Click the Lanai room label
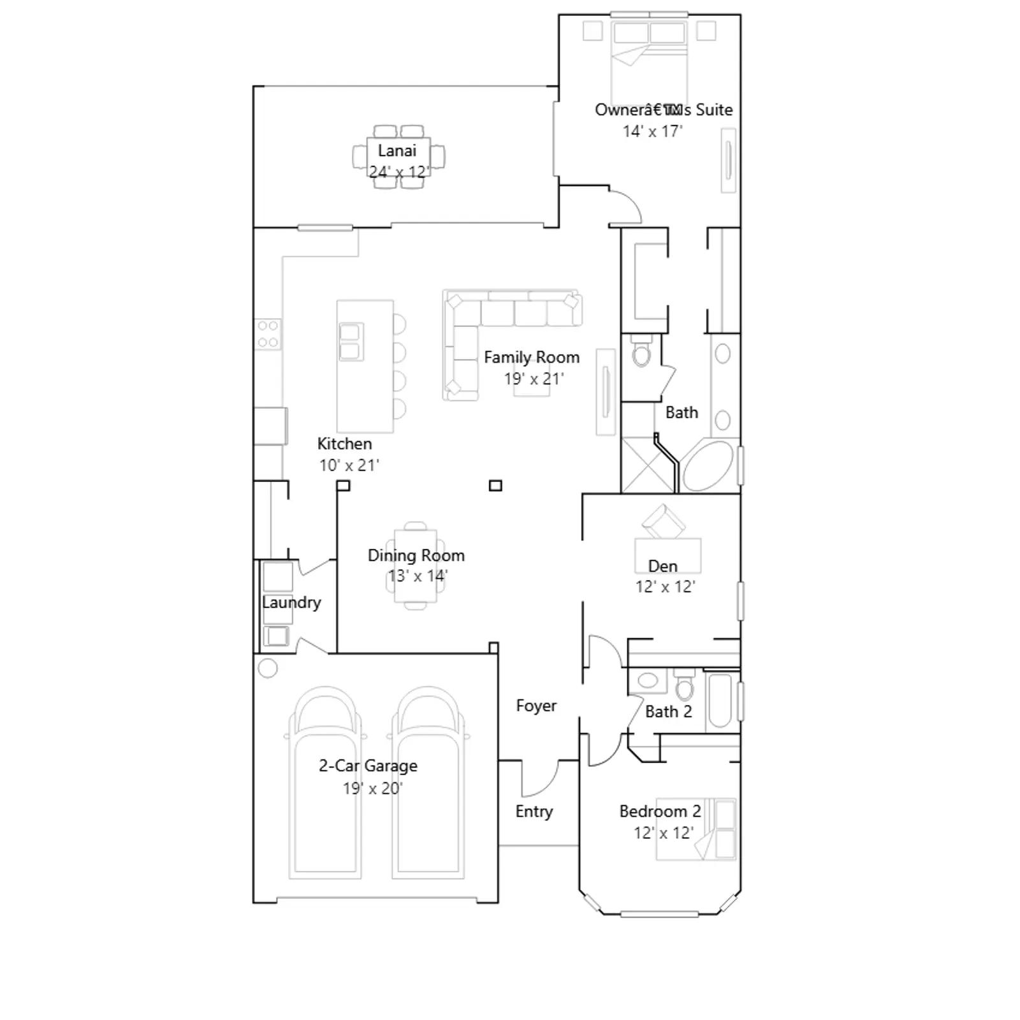tap(397, 150)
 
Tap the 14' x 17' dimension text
tap(652, 131)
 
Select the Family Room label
tap(532, 358)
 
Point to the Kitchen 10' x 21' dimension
tap(349, 465)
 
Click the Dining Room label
tap(416, 555)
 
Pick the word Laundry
tap(291, 602)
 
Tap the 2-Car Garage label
tap(368, 766)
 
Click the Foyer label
tap(536, 706)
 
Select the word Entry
tap(534, 812)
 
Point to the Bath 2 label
tap(668, 711)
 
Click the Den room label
tap(663, 566)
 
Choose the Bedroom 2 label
tap(660, 812)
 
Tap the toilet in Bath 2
tap(685, 686)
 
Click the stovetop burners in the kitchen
tap(268, 334)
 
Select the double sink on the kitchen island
tap(351, 342)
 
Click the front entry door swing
tap(541, 779)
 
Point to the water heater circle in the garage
tap(268, 668)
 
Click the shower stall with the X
tap(648, 465)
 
